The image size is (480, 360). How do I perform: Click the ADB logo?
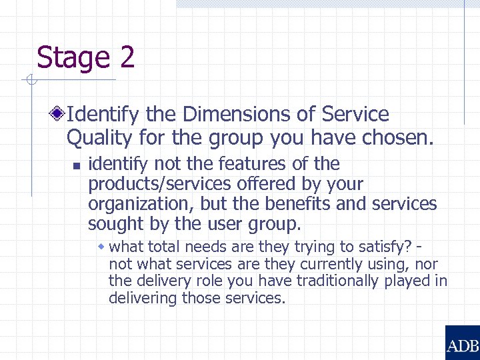pos(462,343)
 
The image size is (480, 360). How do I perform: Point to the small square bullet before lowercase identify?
pos(77,165)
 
